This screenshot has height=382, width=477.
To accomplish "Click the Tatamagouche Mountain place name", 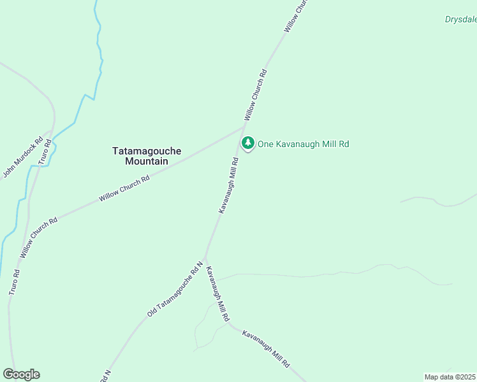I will pos(147,156).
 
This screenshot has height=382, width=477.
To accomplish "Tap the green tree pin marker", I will pos(247,143).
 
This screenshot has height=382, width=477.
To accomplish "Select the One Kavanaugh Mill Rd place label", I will pos(303,145).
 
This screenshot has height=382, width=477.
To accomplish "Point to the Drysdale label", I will pos(460,19).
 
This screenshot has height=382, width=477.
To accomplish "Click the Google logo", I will pos(21,374).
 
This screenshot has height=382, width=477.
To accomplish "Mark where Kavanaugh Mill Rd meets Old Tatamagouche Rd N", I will pos(204,257).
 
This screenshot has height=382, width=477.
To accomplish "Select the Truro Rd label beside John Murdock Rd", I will pos(43,151).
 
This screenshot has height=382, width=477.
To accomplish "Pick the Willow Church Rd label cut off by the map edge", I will pos(297,16).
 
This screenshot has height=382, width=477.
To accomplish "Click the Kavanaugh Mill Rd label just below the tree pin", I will pos(229,185).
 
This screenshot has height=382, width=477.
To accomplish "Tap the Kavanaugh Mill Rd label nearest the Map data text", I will pos(266,348).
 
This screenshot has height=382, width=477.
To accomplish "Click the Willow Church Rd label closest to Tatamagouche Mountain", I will pos(124,189).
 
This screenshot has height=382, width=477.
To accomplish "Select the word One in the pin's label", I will pos(265,145).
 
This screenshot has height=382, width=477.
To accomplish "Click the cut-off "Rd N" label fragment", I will pos(105,376).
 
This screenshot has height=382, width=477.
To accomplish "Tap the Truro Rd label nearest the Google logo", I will pos(13,281).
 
